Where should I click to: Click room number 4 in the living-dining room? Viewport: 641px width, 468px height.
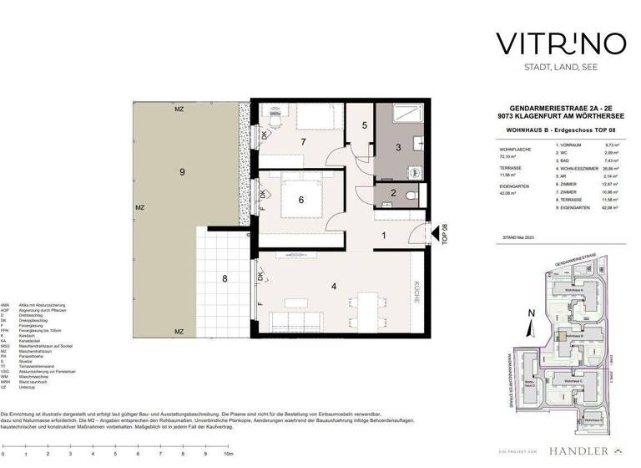point(334,287)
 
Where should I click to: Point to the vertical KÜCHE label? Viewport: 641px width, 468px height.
point(416,292)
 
